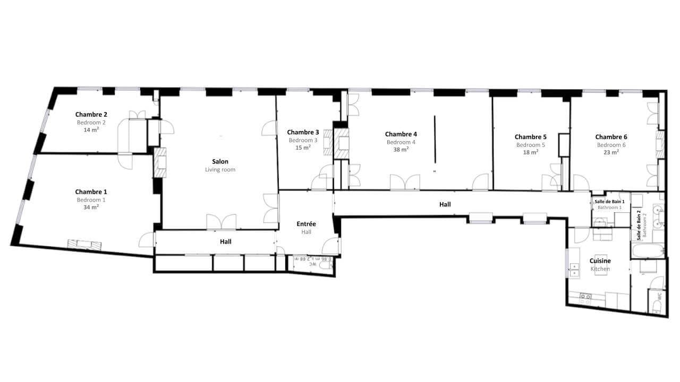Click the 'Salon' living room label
(x=220, y=161)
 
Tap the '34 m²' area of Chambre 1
(x=91, y=207)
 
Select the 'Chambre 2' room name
(x=91, y=114)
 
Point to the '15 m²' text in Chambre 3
(x=303, y=148)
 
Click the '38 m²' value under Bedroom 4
(x=401, y=150)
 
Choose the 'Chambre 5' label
(x=530, y=137)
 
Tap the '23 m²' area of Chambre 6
(x=611, y=152)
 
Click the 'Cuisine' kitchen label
(x=600, y=261)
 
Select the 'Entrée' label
(x=306, y=224)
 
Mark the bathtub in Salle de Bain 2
(x=648, y=251)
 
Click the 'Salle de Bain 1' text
(x=609, y=201)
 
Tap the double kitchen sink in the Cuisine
(x=574, y=270)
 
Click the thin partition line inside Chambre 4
(x=435, y=140)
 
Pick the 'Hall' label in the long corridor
(x=445, y=204)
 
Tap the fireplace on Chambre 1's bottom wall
(x=84, y=245)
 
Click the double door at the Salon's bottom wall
(x=221, y=222)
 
